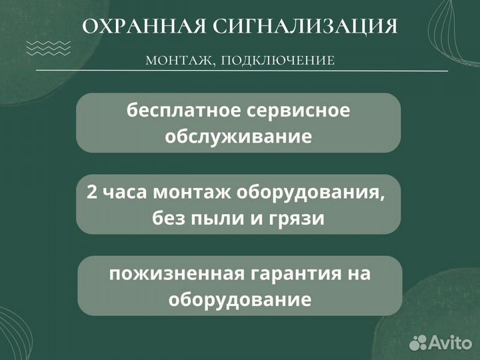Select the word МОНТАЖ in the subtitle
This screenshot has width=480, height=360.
(x=177, y=61)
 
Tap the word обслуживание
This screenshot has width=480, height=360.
(x=238, y=137)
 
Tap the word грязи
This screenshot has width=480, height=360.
(x=297, y=218)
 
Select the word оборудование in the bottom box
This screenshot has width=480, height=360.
(x=239, y=299)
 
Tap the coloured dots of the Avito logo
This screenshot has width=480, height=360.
(x=419, y=342)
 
